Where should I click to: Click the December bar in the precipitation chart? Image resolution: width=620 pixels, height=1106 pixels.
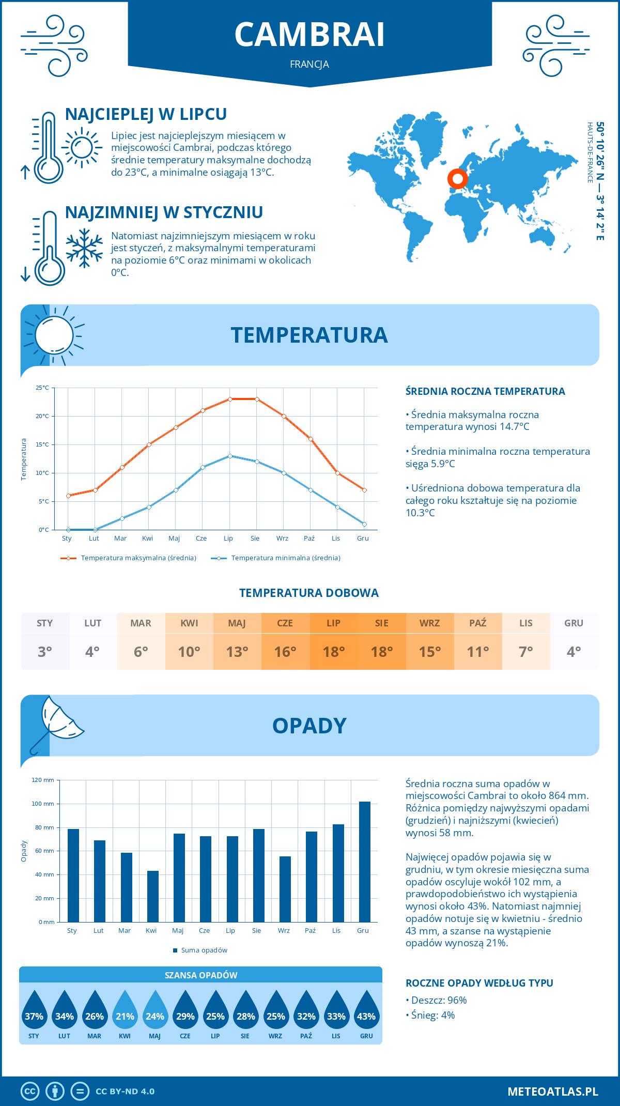pyautogui.click(x=365, y=862)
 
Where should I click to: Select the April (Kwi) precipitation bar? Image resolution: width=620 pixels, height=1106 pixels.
pyautogui.click(x=153, y=896)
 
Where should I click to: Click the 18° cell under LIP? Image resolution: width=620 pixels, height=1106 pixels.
pyautogui.click(x=334, y=652)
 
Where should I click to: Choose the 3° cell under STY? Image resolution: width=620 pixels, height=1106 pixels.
pyautogui.click(x=45, y=652)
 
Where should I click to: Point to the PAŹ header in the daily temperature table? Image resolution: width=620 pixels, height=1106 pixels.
pyautogui.click(x=478, y=623)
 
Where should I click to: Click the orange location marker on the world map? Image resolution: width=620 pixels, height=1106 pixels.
pyautogui.click(x=457, y=179)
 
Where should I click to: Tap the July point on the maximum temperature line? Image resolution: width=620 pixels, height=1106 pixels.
pyautogui.click(x=230, y=399)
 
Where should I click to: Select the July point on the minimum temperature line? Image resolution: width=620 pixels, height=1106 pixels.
pyautogui.click(x=230, y=456)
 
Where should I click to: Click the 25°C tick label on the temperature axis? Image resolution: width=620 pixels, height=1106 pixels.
pyautogui.click(x=42, y=388)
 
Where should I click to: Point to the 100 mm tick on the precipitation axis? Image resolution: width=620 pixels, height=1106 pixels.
pyautogui.click(x=43, y=804)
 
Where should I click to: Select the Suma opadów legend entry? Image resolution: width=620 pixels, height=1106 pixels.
pyautogui.click(x=204, y=950)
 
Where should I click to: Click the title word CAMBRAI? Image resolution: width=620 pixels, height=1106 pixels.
pyautogui.click(x=309, y=35)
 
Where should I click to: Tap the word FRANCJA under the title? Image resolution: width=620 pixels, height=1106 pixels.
pyautogui.click(x=309, y=65)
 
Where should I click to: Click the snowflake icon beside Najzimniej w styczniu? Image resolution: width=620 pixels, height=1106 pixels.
pyautogui.click(x=84, y=248)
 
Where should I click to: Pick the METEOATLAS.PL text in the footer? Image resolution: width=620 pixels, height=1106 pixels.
pyautogui.click(x=552, y=1092)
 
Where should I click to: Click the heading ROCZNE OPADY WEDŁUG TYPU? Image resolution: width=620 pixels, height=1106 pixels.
pyautogui.click(x=479, y=983)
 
